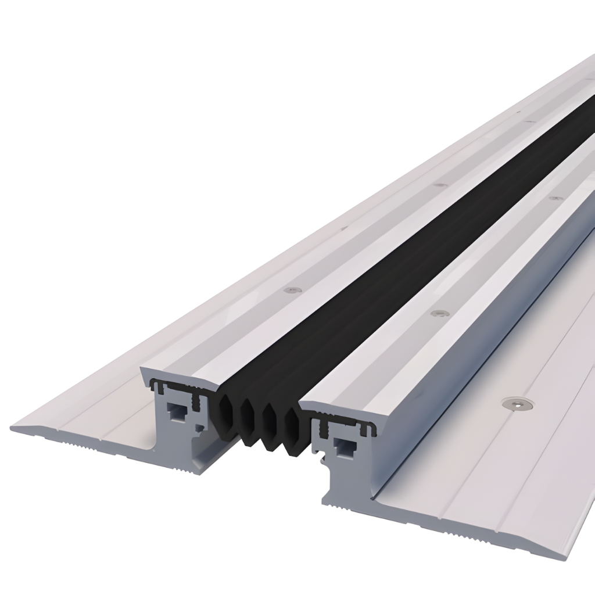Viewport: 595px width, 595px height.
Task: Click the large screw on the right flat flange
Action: click(513, 402)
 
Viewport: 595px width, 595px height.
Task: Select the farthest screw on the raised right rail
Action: click(554, 198)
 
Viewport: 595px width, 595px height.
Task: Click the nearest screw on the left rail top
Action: click(289, 288)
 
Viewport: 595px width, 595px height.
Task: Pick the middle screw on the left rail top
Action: click(440, 185)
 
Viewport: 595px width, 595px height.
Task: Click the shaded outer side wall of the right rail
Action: click(465, 372)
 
